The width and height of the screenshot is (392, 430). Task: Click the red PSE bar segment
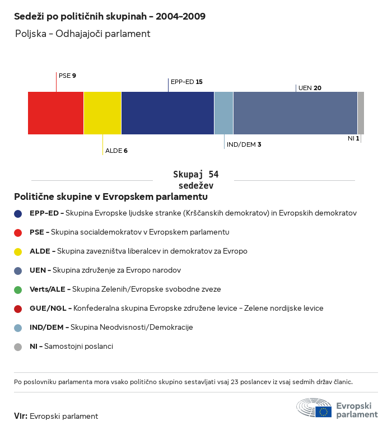tap(55, 113)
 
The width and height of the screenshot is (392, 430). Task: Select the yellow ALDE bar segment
tap(102, 113)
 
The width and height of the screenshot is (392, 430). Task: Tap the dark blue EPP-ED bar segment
tap(167, 113)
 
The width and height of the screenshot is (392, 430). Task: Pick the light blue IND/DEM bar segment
tap(223, 113)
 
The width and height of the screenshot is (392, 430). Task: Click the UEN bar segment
tap(295, 113)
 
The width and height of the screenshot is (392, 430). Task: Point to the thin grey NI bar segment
tap(361, 113)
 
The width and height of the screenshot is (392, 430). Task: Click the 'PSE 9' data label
tap(67, 75)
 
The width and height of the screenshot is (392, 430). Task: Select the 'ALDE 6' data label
tap(116, 151)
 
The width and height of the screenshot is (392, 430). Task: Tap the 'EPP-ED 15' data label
tap(186, 82)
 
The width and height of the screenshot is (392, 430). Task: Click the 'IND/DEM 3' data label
tap(244, 144)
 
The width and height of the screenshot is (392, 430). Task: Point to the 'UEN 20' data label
tap(310, 88)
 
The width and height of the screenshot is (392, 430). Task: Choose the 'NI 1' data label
tap(353, 138)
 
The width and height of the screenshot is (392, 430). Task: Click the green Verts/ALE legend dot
tap(18, 289)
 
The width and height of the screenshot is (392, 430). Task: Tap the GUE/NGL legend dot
tap(18, 309)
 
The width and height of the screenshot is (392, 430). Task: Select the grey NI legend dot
tap(18, 347)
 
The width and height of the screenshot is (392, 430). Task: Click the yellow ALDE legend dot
tap(18, 251)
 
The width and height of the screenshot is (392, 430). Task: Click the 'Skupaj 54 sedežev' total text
tap(195, 180)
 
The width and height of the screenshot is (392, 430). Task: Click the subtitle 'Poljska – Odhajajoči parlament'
tap(83, 34)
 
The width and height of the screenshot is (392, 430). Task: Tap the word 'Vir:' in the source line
tap(20, 416)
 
